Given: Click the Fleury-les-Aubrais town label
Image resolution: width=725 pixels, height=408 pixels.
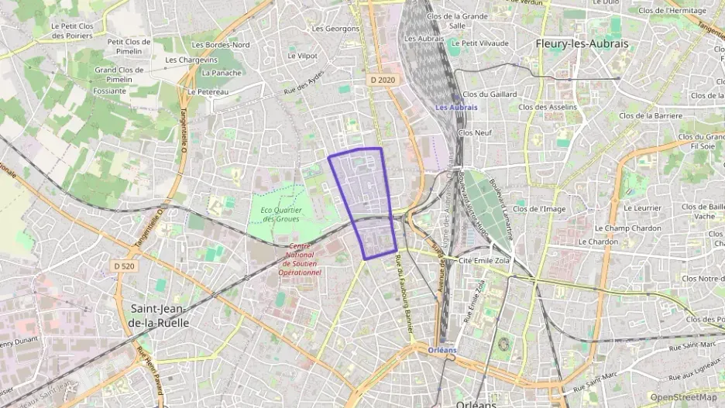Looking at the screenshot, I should pos(582,44).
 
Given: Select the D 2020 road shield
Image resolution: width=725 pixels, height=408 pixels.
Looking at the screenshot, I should pos(383,79).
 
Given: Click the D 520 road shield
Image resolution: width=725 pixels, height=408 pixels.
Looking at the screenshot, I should pos(123,266).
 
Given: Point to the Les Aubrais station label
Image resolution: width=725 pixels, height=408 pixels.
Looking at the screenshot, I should pos(456,108).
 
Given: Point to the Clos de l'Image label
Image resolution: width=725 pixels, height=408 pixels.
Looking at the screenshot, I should pos(539,209).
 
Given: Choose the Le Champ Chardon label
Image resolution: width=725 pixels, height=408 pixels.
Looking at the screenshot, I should pos(627,228).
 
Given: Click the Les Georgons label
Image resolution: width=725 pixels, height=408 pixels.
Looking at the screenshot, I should pos(335,29).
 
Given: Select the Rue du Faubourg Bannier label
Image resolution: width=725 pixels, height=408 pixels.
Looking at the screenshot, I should pos(403,294).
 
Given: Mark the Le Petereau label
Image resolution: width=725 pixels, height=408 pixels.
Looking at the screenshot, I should pos(208,91).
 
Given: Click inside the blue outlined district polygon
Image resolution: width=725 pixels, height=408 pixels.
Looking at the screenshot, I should pos(364,194).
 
